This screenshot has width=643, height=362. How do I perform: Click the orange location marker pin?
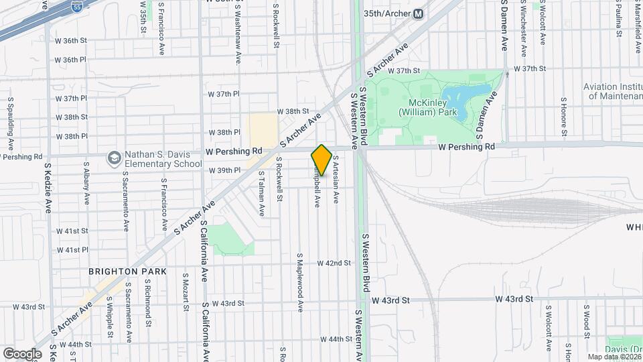(321, 160)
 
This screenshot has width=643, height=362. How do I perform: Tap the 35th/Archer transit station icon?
(418, 13)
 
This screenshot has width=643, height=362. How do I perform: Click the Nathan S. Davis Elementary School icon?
(114, 158)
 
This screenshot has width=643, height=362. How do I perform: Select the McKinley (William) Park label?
(428, 107)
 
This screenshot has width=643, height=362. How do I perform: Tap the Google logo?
(22, 353)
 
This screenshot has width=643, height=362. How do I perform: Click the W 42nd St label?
(334, 263)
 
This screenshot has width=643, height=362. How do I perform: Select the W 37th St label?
(408, 70)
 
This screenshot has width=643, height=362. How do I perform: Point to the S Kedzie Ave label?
(48, 188)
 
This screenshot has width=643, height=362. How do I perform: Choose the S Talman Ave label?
(262, 193)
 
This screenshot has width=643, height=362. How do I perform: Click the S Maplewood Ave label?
(301, 281)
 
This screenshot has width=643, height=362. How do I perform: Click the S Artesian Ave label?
(336, 179)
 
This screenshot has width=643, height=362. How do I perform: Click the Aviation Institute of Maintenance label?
(613, 91)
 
